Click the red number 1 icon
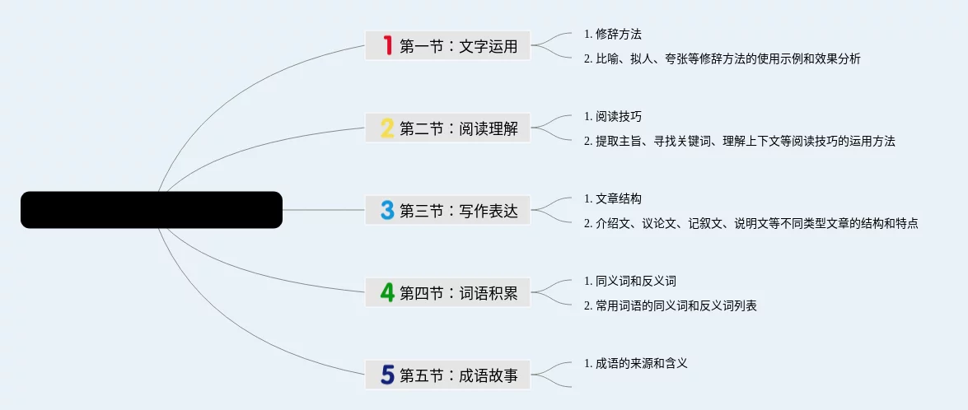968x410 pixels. [387, 45]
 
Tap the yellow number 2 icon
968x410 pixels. [387, 128]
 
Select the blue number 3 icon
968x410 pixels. [387, 210]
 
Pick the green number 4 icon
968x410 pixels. [387, 292]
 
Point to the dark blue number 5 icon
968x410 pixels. [387, 375]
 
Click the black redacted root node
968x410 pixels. [152, 210]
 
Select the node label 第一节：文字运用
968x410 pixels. [459, 46]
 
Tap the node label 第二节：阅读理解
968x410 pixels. [459, 128]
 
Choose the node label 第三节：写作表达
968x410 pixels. [459, 211]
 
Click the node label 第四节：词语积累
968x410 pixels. [459, 293]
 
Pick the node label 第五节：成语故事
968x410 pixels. [459, 375]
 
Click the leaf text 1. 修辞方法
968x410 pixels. [612, 34]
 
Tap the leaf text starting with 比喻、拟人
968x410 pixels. [722, 58]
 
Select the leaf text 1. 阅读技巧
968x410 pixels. [612, 116]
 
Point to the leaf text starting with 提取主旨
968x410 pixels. [739, 141]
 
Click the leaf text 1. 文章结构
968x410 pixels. [612, 198]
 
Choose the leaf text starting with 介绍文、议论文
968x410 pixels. [751, 223]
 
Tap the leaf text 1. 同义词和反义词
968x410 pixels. [629, 281]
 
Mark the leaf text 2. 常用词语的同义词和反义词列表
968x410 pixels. [670, 305]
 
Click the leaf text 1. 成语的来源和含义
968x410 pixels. [635, 362]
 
